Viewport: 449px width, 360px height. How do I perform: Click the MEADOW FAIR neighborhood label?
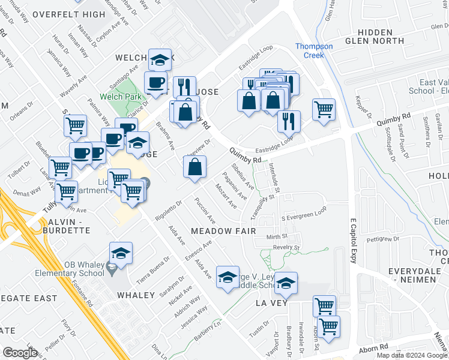[223, 231]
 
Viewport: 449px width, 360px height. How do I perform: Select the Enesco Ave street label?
[199, 251]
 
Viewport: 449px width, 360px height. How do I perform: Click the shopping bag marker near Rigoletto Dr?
[194, 167]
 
